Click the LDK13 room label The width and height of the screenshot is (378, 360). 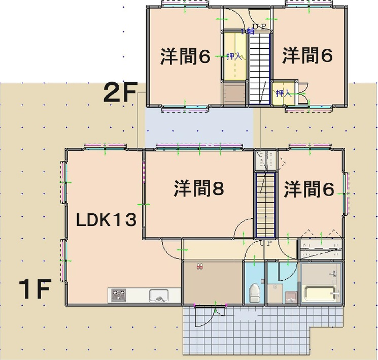(105, 217)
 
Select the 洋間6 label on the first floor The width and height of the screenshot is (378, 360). (307, 187)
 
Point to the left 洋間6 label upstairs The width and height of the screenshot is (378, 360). (186, 56)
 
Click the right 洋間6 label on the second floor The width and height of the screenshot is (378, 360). (307, 56)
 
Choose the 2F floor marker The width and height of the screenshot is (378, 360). (120, 93)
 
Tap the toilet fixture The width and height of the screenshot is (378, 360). (255, 293)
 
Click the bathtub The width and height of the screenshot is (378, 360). (320, 295)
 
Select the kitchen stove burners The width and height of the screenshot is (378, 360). (118, 295)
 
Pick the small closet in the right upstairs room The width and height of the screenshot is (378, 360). (283, 94)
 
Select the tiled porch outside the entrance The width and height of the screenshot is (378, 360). (250, 330)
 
